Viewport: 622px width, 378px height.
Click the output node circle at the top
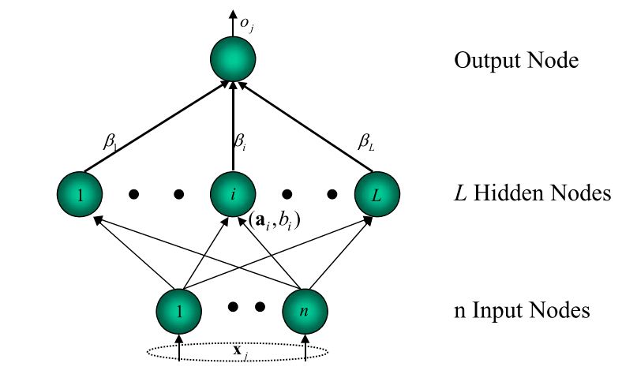click(x=234, y=58)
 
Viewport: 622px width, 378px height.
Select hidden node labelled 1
click(x=80, y=193)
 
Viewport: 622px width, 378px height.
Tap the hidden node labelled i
click(x=234, y=193)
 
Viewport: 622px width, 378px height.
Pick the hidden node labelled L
click(x=377, y=193)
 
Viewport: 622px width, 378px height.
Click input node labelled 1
click(x=179, y=309)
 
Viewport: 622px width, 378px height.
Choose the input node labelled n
click(x=305, y=309)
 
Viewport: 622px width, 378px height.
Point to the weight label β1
click(x=111, y=142)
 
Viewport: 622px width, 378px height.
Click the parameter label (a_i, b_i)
click(x=274, y=222)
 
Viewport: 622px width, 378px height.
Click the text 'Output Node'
click(x=516, y=60)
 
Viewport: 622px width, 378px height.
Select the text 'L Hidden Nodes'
click(x=532, y=193)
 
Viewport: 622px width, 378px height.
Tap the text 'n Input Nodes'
click(x=522, y=310)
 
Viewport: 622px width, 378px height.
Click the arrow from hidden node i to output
click(x=234, y=126)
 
